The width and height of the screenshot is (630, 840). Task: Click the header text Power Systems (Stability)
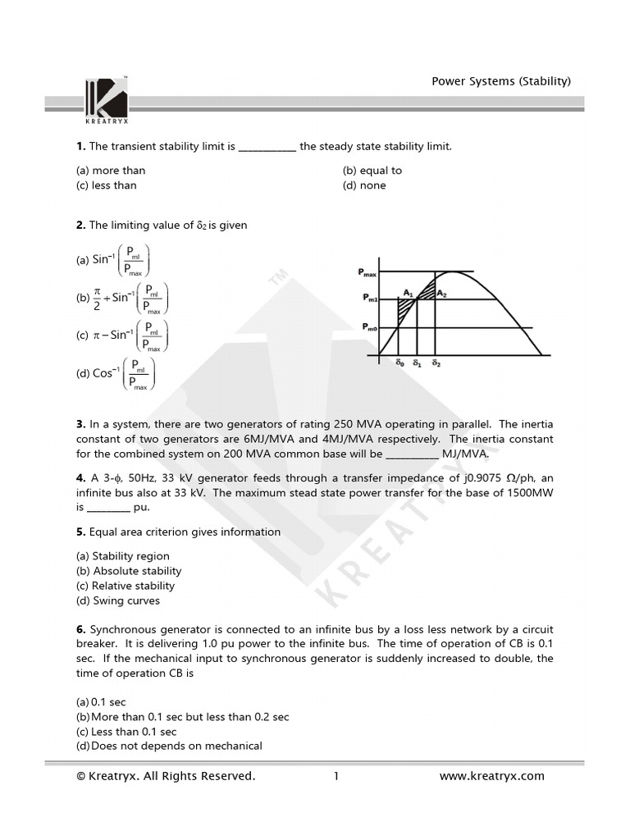coord(501,80)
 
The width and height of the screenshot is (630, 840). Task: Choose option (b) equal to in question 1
coord(372,171)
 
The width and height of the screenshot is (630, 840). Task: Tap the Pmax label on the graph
coord(367,272)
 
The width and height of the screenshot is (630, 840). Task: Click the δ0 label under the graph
coord(399,362)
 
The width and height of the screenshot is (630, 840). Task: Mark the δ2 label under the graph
coord(436,362)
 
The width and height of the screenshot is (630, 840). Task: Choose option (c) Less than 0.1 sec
coord(126,732)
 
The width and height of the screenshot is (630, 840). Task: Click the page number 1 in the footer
coord(336,776)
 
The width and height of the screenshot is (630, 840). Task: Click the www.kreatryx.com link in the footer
coord(491,776)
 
